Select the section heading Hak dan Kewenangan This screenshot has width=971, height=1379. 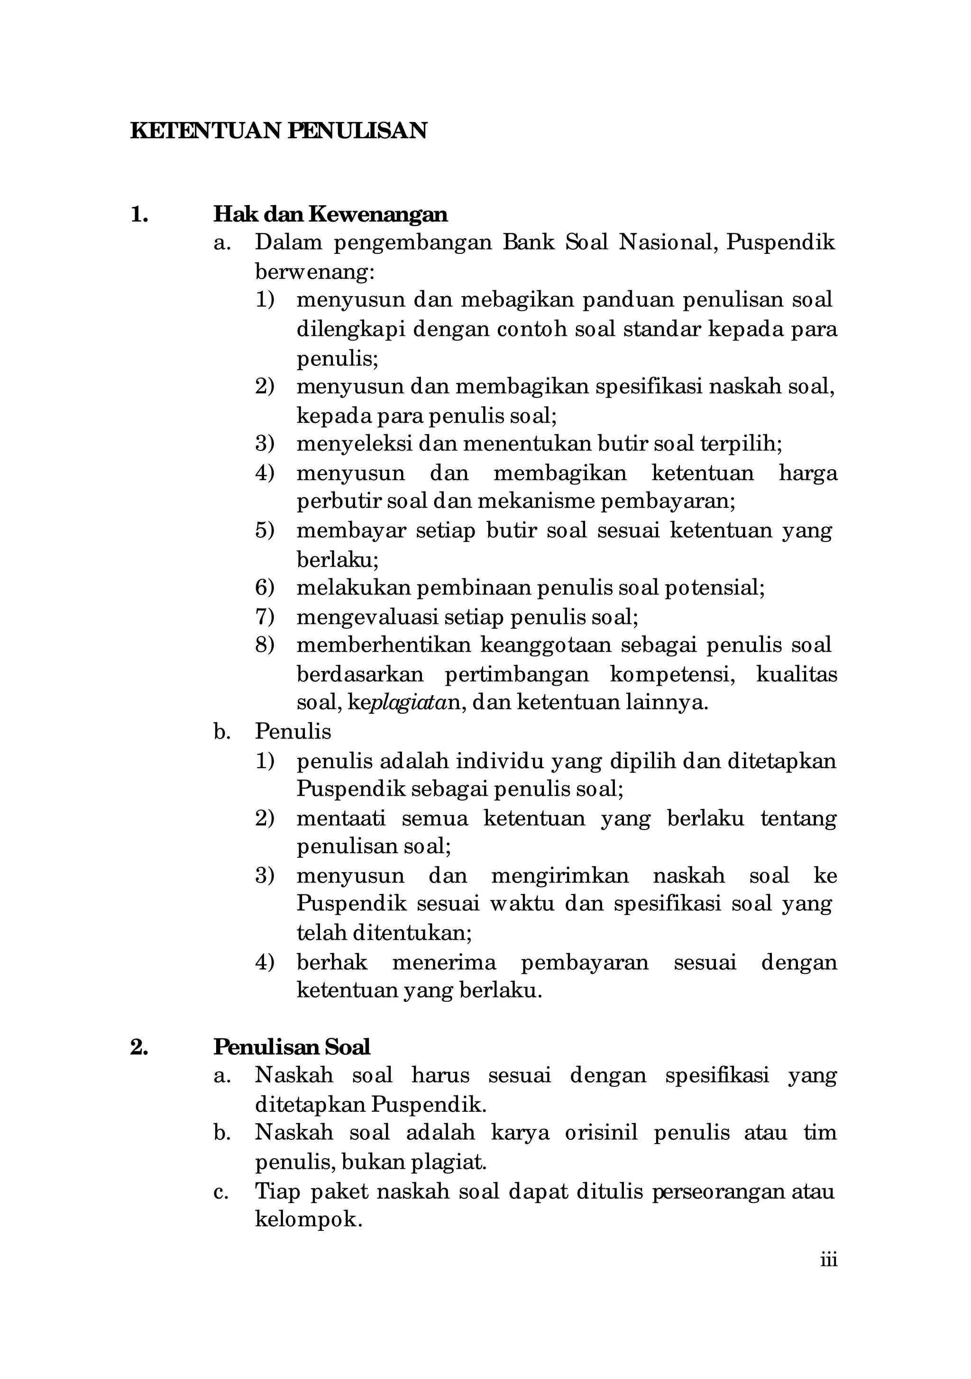click(x=330, y=214)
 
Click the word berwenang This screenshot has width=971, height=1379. click(x=314, y=272)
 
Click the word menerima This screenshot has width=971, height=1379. click(x=444, y=962)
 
